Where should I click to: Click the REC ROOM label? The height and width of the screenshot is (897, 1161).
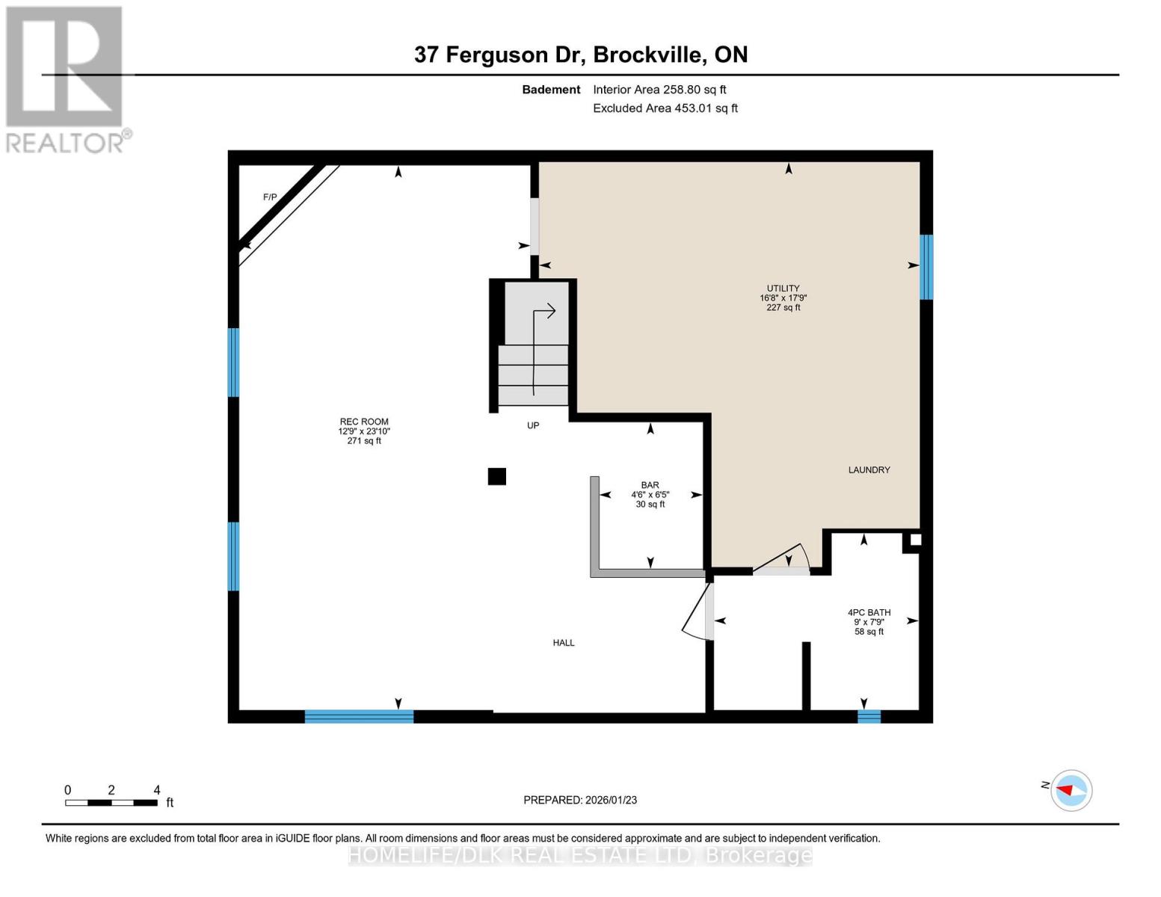[x=364, y=422]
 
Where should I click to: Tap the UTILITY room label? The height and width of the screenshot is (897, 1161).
[x=783, y=289]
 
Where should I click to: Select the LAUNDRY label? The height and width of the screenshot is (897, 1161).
[x=869, y=470]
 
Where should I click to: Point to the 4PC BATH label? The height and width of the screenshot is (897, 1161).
[x=869, y=613]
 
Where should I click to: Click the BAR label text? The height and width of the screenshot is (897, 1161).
[x=650, y=485]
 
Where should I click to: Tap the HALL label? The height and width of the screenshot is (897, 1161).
[x=564, y=643]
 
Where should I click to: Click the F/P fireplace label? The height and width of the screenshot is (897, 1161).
[x=270, y=197]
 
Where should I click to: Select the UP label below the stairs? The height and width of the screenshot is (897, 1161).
[x=533, y=426]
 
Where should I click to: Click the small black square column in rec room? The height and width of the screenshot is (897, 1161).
[x=497, y=476]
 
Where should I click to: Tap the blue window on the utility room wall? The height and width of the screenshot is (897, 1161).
[x=926, y=267]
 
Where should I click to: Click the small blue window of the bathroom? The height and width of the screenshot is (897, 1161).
[x=869, y=717]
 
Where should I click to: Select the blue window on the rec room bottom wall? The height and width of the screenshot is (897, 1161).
[x=359, y=717]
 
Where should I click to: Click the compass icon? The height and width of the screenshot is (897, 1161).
[x=1071, y=790]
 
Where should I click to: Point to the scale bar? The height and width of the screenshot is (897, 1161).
[x=111, y=803]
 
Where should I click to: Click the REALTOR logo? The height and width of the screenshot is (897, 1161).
[x=66, y=79]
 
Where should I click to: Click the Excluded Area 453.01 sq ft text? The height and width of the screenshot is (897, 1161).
[x=665, y=108]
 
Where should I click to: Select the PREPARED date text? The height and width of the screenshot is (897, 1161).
[x=580, y=800]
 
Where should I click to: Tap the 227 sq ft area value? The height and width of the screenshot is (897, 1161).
[x=783, y=308]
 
